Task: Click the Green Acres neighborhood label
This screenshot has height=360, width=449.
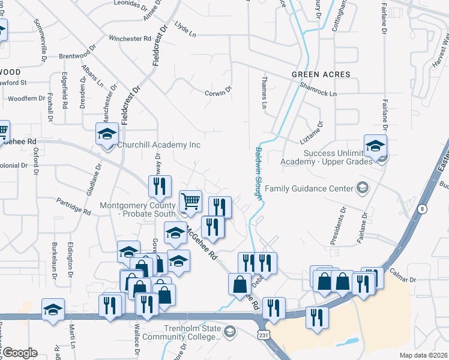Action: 321,74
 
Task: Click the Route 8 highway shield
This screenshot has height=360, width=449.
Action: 423,208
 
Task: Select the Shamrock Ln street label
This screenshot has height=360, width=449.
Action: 319,94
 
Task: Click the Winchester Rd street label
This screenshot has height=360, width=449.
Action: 130,38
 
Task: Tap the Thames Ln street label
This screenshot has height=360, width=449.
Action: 264,92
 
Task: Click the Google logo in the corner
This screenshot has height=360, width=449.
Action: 20,353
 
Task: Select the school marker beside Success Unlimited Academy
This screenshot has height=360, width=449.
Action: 375,146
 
